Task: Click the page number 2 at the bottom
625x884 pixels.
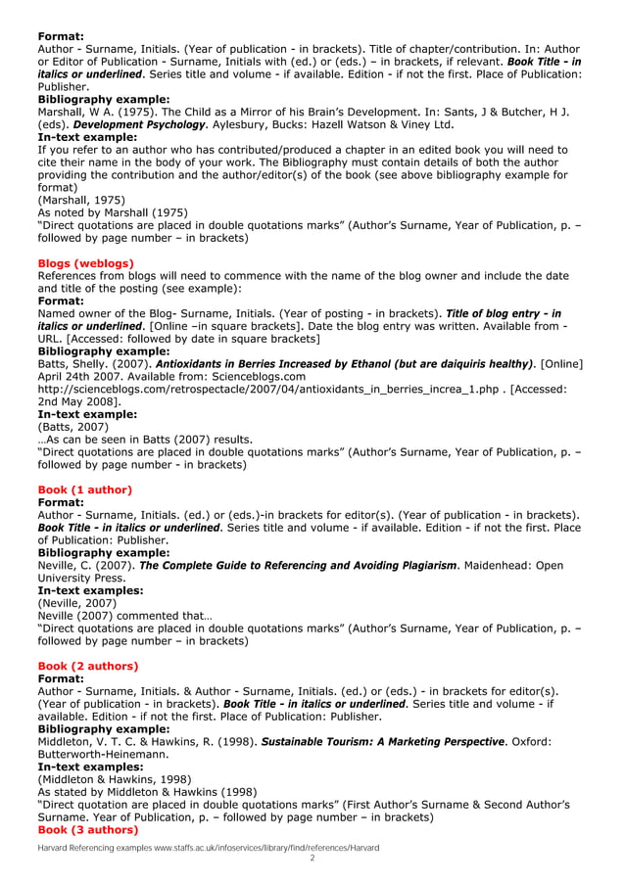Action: pyautogui.click(x=312, y=859)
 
